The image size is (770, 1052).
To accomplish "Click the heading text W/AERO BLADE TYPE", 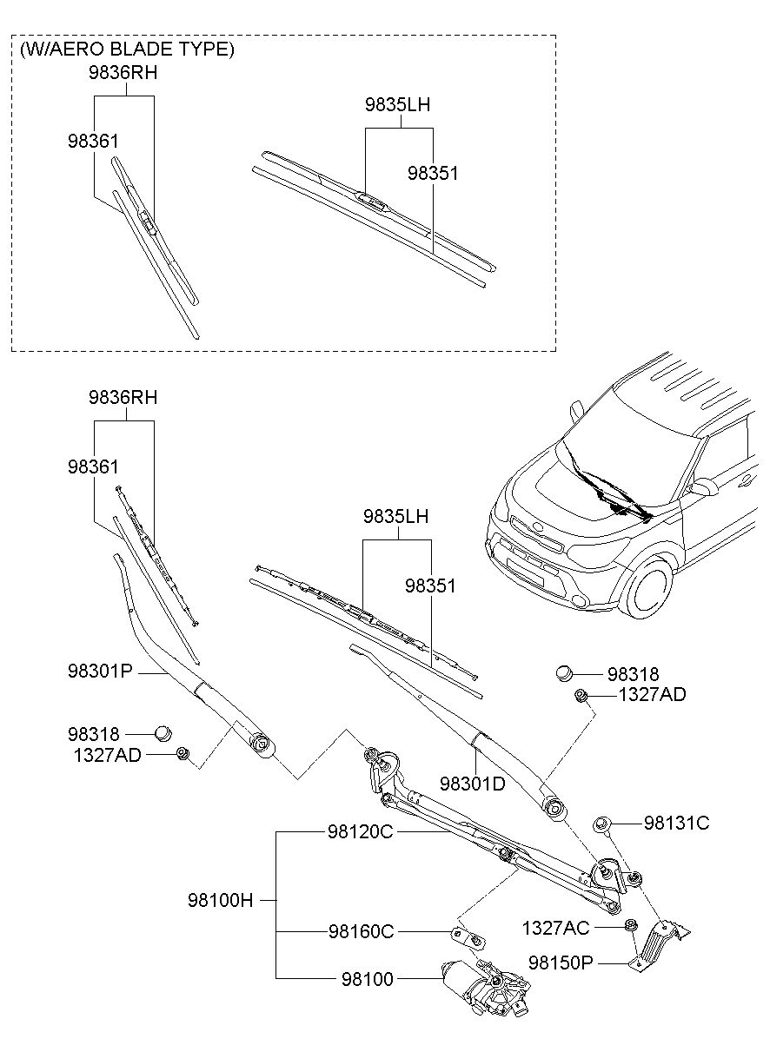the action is pyautogui.click(x=127, y=50).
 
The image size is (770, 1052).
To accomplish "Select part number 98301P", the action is pyautogui.click(x=100, y=672).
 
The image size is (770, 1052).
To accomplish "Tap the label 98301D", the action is pyautogui.click(x=472, y=783).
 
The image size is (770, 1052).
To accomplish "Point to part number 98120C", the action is pyautogui.click(x=361, y=831).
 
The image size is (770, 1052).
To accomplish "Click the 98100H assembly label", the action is pyautogui.click(x=221, y=900).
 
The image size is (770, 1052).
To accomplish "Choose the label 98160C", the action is pyautogui.click(x=361, y=931).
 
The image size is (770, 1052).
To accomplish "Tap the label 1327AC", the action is pyautogui.click(x=555, y=928).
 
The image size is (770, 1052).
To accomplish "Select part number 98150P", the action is pyautogui.click(x=561, y=963).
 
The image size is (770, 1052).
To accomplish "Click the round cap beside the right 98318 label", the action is pyautogui.click(x=564, y=672).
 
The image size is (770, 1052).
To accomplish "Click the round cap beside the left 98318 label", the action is pyautogui.click(x=163, y=732).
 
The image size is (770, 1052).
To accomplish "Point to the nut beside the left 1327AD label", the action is pyautogui.click(x=182, y=753).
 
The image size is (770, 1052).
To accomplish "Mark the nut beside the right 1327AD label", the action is pyautogui.click(x=581, y=695).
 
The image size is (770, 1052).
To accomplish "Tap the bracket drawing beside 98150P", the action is pyautogui.click(x=658, y=942).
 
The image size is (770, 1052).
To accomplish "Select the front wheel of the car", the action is pyautogui.click(x=647, y=585).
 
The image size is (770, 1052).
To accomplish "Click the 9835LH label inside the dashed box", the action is pyautogui.click(x=397, y=105).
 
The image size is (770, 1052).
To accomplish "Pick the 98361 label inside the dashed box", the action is pyautogui.click(x=93, y=141).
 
